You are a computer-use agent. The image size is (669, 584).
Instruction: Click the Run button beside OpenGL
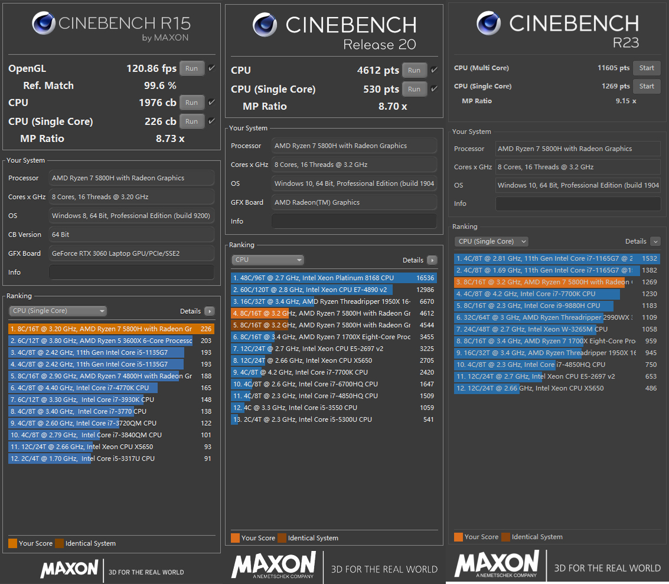[192, 68]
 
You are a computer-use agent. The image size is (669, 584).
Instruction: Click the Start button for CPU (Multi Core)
[647, 68]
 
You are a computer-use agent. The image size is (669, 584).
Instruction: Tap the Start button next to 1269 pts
[647, 86]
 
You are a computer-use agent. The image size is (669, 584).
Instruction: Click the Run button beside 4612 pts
[415, 70]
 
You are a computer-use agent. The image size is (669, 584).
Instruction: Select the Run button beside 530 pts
[415, 89]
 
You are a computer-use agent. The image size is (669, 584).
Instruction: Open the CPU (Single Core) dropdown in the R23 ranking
[491, 241]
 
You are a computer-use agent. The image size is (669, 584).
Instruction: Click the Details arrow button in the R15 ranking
[209, 311]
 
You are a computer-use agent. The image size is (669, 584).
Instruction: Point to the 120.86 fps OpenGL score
[151, 68]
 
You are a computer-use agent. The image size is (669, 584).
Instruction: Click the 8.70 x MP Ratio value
[392, 107]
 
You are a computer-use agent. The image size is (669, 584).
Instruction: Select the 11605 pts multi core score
[613, 68]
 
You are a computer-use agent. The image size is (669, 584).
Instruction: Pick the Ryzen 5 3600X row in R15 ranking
[100, 340]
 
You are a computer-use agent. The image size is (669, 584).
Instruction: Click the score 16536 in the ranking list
[425, 278]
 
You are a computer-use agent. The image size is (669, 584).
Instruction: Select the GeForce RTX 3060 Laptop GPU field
[131, 254]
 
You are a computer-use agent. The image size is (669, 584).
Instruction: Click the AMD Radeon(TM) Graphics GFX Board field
[354, 202]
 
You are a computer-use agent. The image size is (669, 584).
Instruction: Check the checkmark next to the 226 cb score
[211, 121]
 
